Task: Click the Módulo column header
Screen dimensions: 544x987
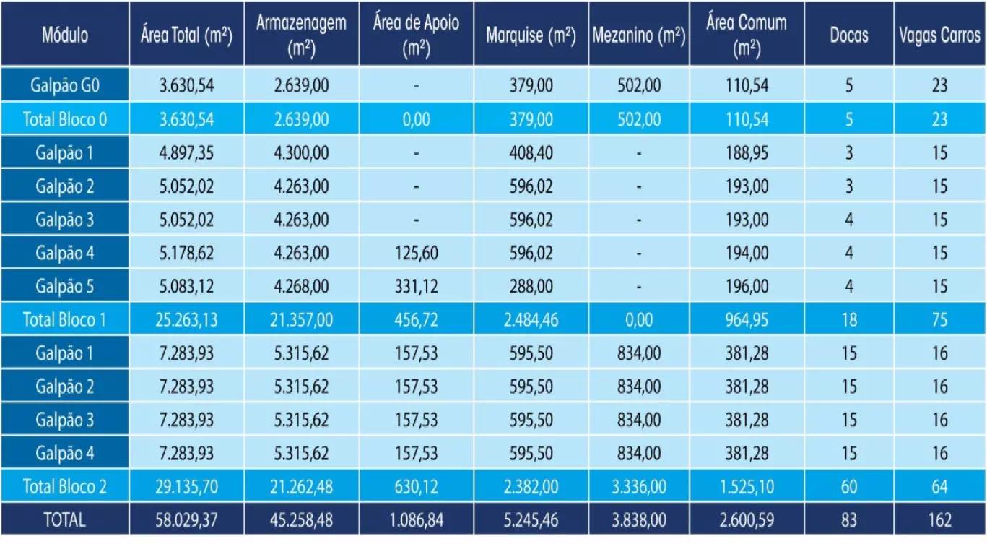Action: coord(65,35)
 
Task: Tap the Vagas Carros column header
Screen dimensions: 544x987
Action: coord(939,35)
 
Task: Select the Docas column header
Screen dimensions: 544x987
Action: coord(849,35)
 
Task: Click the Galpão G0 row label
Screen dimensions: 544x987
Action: coord(65,85)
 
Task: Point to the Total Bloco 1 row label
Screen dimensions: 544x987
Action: coord(65,319)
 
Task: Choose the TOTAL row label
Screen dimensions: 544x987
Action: coord(65,519)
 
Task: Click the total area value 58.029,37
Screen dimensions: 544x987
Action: coord(186,519)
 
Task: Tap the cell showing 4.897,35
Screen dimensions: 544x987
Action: coord(186,153)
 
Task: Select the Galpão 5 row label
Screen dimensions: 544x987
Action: coord(65,286)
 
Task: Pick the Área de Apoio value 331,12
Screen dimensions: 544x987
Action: coord(416,286)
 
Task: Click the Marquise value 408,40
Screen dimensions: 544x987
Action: coord(530,153)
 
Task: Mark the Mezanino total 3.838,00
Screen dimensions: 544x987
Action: coord(638,519)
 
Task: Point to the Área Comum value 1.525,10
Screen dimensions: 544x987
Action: coord(747,486)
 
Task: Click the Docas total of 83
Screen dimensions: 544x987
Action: coord(849,519)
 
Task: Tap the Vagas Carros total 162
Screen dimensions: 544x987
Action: coord(939,519)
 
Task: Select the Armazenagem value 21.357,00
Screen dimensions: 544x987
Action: coord(301,319)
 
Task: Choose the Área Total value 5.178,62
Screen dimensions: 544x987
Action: coord(186,253)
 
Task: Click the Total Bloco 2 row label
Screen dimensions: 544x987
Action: coord(65,486)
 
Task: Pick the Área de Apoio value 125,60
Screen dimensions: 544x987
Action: coord(416,253)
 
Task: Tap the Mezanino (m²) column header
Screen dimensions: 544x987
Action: coord(638,35)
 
